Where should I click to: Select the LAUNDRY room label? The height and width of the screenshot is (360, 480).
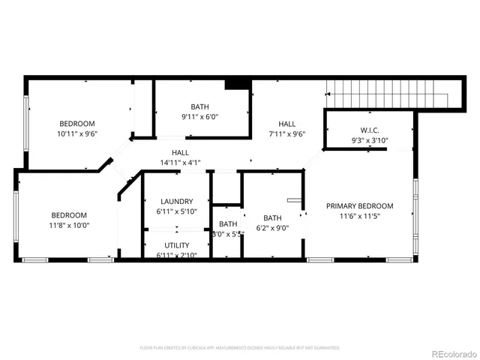pos(177,201)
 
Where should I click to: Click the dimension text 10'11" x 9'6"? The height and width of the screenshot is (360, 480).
pos(78,133)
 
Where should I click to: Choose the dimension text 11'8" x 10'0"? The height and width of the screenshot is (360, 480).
pos(69,224)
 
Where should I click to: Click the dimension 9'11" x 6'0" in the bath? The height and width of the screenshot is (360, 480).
pos(200,116)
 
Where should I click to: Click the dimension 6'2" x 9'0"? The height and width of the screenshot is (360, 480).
pos(272,228)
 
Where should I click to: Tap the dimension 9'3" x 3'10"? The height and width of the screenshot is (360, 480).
pos(370,140)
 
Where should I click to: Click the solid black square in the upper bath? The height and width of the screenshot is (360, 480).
pos(237,84)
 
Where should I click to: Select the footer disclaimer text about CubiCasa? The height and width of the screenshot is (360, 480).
pos(240,348)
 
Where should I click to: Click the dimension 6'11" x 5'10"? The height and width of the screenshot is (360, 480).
pos(177,211)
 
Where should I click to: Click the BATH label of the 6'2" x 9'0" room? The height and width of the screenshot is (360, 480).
pos(272,218)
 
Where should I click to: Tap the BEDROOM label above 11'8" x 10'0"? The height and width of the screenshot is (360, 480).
pos(69,214)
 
